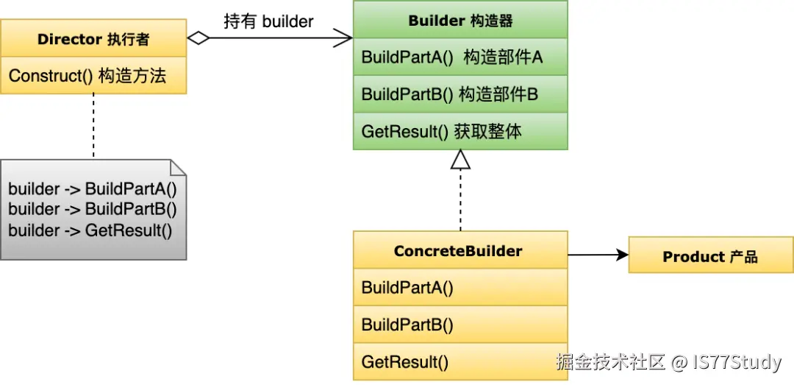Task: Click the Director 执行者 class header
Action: click(x=93, y=39)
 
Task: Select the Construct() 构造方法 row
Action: click(x=93, y=76)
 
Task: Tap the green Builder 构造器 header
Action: click(x=460, y=21)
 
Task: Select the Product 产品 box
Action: click(x=710, y=257)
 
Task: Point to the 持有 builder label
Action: click(x=268, y=21)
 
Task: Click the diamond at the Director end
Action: click(x=198, y=38)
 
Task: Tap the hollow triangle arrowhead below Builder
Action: click(x=460, y=160)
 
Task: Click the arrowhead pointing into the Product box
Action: click(x=623, y=255)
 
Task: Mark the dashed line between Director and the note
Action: click(x=93, y=125)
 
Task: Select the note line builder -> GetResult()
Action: click(x=90, y=230)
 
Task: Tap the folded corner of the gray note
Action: click(x=178, y=167)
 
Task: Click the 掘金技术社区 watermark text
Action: click(x=610, y=362)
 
